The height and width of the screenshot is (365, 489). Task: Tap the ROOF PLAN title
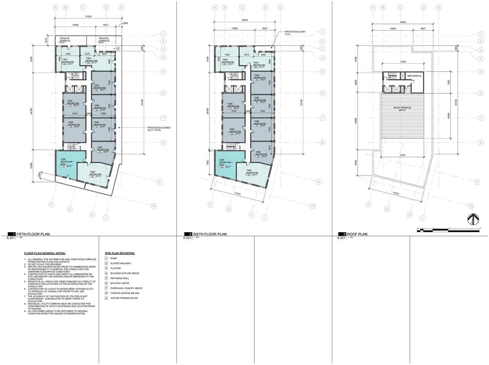pos(358,234)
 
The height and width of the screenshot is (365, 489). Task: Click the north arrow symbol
pos(473,219)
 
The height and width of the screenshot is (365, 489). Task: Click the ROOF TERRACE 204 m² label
pos(402,109)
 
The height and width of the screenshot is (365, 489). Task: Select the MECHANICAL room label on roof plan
pos(414,76)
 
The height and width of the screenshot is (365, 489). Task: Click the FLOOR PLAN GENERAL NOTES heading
pos(45,253)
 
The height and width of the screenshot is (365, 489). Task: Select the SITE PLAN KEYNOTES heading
pos(120,253)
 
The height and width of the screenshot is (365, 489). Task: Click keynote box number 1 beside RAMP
pos(107,258)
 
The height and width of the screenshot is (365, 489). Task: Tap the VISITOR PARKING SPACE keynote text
pos(124,298)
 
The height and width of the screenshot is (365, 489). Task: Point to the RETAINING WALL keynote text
pos(119,278)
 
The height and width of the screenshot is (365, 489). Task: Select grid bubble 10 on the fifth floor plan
pos(153,206)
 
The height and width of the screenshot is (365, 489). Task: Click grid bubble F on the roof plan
pos(369,205)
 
